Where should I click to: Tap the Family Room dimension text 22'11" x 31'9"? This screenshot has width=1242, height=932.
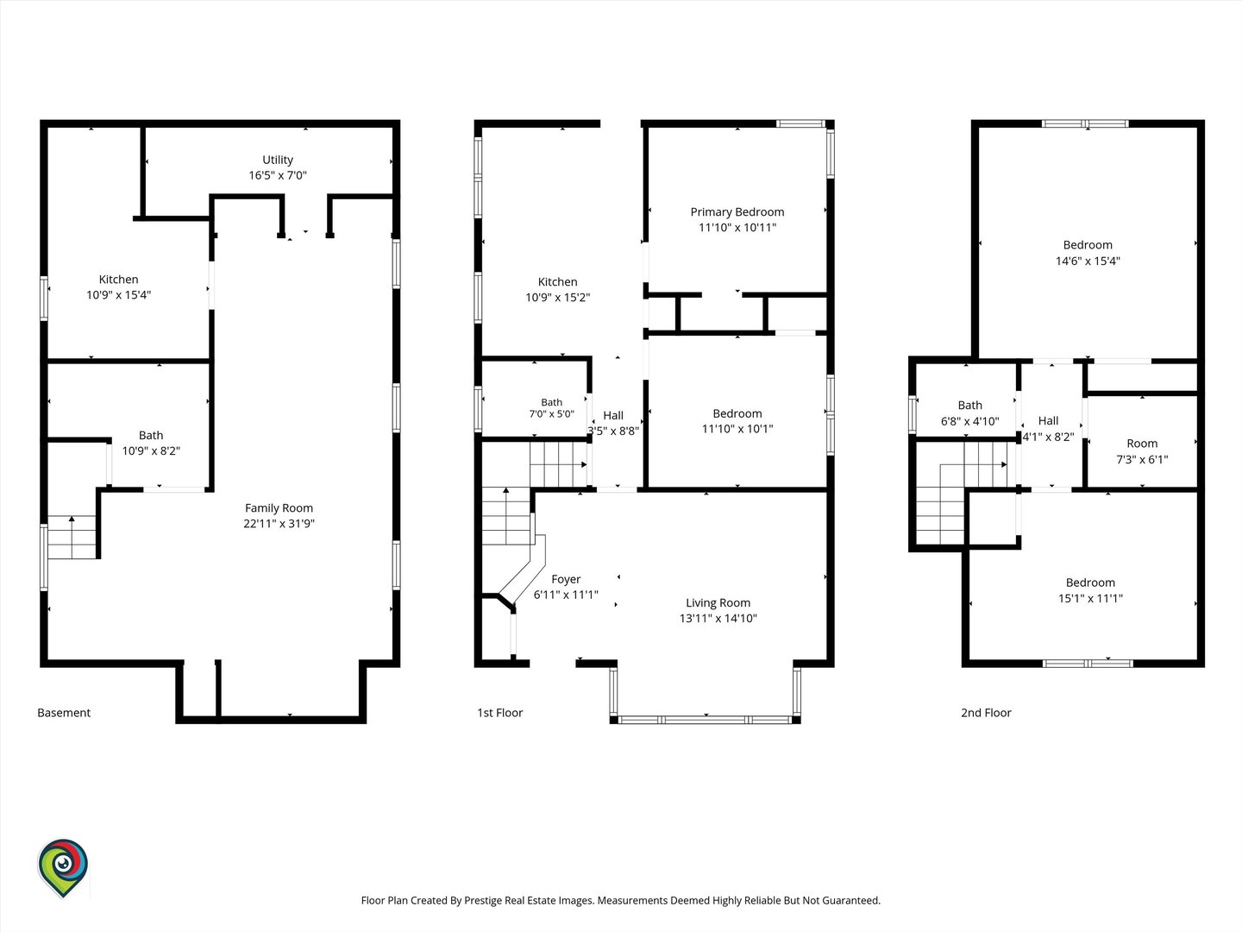click(279, 524)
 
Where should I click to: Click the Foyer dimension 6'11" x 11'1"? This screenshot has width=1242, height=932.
click(566, 595)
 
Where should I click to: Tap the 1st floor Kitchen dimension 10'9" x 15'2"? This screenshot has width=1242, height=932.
click(557, 298)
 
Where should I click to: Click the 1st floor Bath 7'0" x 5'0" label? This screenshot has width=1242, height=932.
click(552, 408)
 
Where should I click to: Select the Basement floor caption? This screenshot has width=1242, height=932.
click(64, 713)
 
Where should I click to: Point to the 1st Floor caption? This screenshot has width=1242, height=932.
click(499, 713)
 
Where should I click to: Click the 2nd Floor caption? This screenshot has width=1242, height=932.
click(986, 713)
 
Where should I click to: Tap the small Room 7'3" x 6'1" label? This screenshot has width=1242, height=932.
click(1142, 451)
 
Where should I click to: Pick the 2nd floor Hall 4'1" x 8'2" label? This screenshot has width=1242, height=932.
click(1048, 428)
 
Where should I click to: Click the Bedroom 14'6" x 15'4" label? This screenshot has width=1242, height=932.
click(1088, 253)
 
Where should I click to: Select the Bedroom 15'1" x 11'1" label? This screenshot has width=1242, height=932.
click(1090, 590)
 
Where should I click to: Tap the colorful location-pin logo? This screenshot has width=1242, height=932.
click(63, 867)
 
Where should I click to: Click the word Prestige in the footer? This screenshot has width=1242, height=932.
click(484, 900)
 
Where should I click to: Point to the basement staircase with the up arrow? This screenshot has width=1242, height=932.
click(72, 537)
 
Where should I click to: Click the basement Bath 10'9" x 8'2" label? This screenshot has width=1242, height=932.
click(151, 443)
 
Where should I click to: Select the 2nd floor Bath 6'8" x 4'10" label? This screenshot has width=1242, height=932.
click(969, 413)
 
